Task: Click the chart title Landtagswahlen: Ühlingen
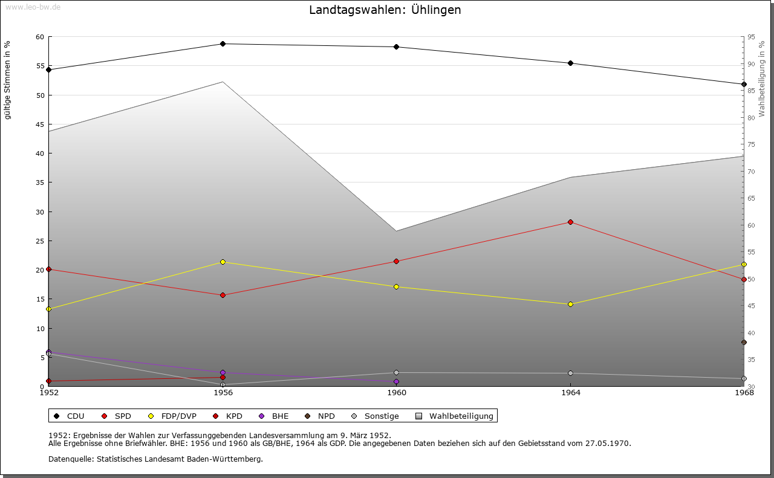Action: (x=385, y=10)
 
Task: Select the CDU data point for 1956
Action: (x=223, y=44)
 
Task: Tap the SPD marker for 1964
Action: (x=570, y=222)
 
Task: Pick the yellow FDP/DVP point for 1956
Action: (x=223, y=262)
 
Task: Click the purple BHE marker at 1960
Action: (x=397, y=382)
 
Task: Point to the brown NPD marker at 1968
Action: (x=744, y=343)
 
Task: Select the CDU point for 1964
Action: (x=570, y=63)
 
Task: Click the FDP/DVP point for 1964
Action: (x=570, y=305)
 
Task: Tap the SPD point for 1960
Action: (x=397, y=262)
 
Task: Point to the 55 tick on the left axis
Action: (x=39, y=66)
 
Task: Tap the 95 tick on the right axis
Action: (x=751, y=37)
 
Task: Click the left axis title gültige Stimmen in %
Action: (x=8, y=80)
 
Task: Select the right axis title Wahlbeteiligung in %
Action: (x=762, y=79)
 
